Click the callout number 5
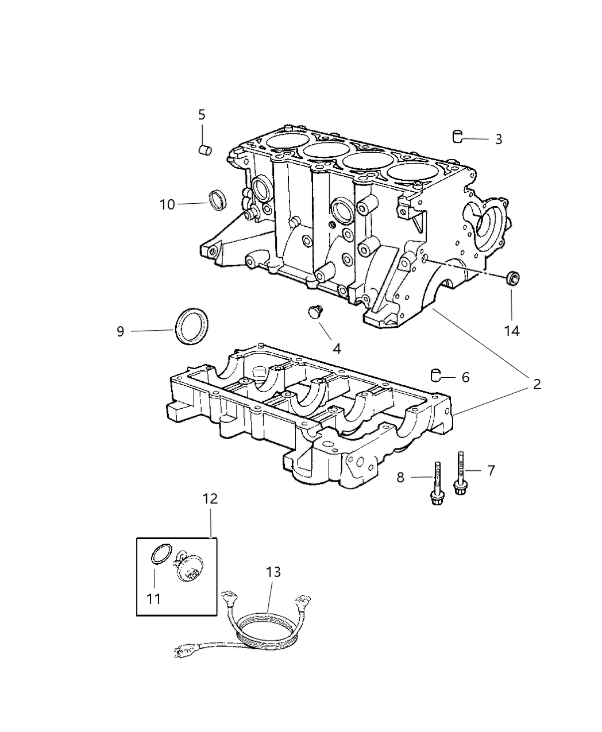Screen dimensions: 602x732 click(202, 115)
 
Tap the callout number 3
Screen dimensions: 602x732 click(499, 140)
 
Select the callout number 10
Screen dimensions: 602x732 click(167, 205)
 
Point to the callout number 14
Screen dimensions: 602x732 click(512, 331)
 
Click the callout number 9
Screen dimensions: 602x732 click(120, 331)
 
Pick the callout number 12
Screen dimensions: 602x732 click(210, 499)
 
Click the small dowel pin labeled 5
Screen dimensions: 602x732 click(205, 150)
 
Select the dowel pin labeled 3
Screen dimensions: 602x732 click(458, 136)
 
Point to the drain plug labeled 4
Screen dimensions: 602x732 click(315, 311)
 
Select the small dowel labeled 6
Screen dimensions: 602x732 click(435, 375)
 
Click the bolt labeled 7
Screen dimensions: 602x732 click(461, 472)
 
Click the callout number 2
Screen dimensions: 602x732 click(537, 384)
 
